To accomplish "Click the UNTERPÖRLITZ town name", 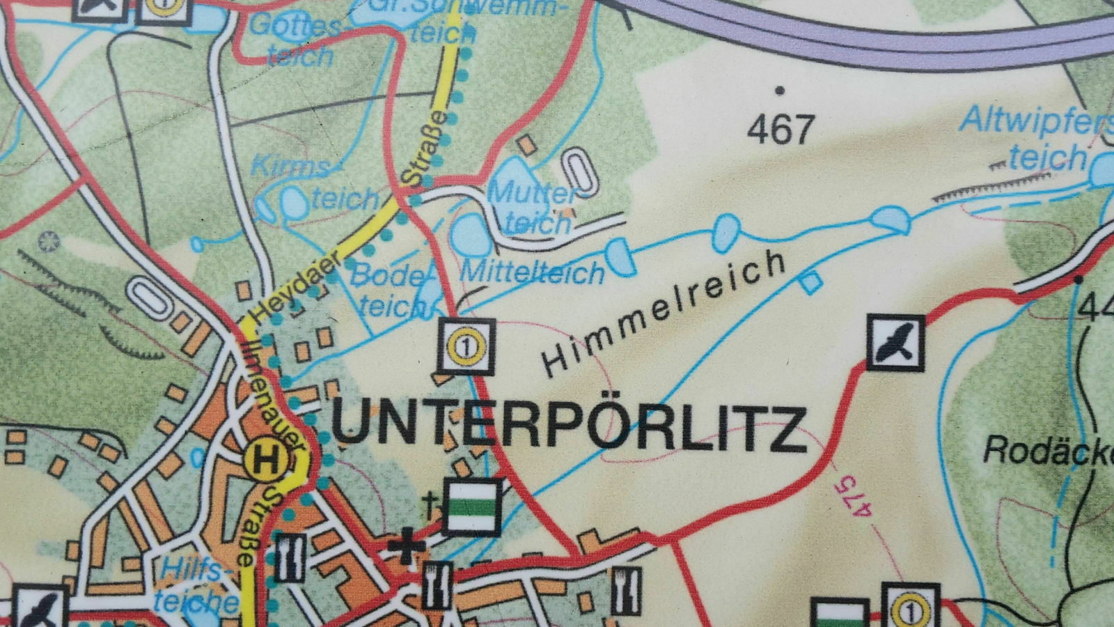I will (x=567, y=426).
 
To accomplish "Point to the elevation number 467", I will (x=780, y=130).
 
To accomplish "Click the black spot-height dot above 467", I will (x=780, y=90).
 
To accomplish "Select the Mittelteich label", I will (x=533, y=272).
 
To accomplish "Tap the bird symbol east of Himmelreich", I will (x=896, y=341).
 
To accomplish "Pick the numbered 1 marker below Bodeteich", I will (x=466, y=345).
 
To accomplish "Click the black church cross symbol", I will (x=405, y=546).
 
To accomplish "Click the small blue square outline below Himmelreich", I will (x=811, y=282).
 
